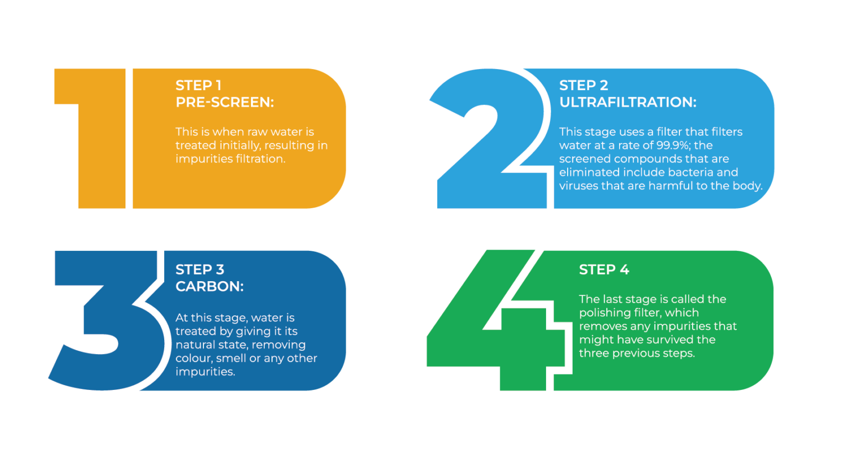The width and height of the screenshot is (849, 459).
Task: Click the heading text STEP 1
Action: tap(198, 86)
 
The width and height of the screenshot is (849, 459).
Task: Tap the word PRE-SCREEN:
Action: tap(225, 102)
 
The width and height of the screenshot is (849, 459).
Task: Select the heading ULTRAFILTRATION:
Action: tap(628, 102)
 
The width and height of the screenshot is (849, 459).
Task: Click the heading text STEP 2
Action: tap(584, 86)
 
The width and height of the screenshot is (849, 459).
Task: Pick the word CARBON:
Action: tap(209, 286)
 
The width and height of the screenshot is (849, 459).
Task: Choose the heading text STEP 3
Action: tap(200, 270)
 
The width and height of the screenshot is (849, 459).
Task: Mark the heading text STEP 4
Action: tap(604, 270)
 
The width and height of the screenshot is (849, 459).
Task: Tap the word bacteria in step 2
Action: tap(690, 172)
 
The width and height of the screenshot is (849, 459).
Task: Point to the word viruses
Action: tap(578, 186)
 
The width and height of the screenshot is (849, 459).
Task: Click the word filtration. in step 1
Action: tap(261, 159)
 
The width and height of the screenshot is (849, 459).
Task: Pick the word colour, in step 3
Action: tap(193, 358)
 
